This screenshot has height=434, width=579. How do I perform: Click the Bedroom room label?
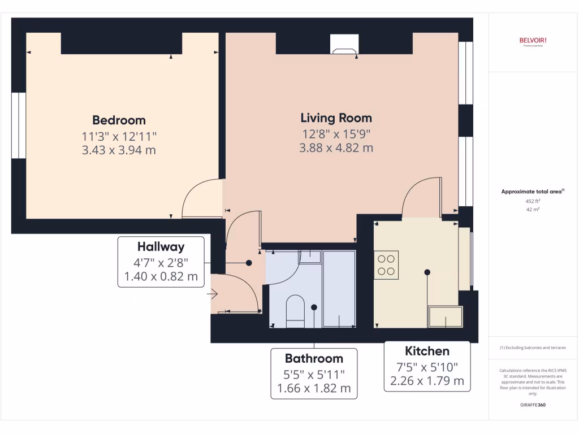tap(119, 120)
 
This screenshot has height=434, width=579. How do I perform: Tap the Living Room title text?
tap(336, 118)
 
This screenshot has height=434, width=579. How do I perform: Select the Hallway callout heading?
tap(161, 247)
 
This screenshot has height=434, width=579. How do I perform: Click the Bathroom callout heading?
tap(314, 358)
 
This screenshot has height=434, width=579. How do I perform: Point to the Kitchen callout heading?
tap(427, 351)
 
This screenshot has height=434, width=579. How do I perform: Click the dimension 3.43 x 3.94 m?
tap(119, 150)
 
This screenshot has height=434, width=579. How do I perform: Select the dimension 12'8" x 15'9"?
tap(336, 134)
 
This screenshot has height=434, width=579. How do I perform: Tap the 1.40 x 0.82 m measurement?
tap(161, 276)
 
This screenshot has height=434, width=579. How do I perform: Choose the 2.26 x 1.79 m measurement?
tap(427, 380)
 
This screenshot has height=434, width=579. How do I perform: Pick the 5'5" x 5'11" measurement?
tap(314, 374)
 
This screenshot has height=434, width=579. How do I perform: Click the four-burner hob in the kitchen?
tap(386, 265)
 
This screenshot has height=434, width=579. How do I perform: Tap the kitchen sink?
tap(446, 316)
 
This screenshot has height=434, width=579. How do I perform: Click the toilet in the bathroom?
tap(295, 311)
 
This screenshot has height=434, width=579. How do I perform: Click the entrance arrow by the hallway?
tap(213, 294)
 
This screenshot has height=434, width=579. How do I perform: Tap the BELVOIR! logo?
tap(533, 40)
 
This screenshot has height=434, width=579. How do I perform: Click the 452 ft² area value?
tap(533, 201)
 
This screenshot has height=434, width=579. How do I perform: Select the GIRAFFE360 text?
tap(533, 405)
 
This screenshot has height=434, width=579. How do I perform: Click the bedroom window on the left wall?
tap(18, 125)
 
